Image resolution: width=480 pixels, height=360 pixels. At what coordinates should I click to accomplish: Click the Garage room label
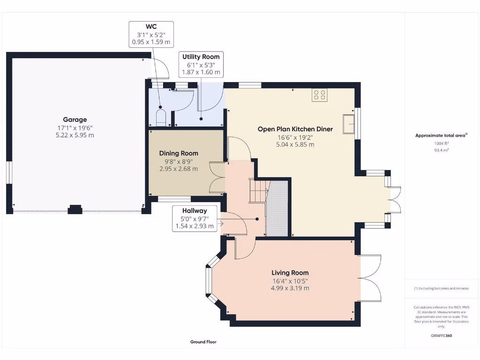(x=75, y=120)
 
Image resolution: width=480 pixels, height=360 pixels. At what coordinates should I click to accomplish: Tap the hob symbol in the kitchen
(x=320, y=95)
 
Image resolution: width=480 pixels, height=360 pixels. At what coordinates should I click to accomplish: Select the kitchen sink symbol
(x=349, y=124)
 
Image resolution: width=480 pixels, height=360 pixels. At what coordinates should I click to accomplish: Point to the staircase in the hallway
(x=259, y=191)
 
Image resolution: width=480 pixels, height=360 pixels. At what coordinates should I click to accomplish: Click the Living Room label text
(x=290, y=273)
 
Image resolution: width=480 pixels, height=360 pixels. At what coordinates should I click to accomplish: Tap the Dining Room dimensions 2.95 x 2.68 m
(x=179, y=169)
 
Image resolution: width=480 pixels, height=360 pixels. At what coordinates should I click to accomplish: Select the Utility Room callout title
(x=201, y=57)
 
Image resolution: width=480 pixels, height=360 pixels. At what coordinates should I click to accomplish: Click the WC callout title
(x=151, y=27)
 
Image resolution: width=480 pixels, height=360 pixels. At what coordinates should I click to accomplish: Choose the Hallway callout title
(x=195, y=210)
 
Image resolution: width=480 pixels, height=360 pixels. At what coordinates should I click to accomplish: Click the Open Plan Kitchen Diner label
(x=295, y=129)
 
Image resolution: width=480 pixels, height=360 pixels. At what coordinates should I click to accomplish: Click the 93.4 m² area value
(x=442, y=150)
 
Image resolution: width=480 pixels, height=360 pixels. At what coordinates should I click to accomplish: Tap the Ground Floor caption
(x=203, y=342)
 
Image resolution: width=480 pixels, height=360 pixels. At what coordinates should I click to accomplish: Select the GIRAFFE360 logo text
(x=442, y=336)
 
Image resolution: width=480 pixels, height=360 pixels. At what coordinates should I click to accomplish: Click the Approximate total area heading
(x=441, y=135)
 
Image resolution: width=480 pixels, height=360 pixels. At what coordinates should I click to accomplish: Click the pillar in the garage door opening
(x=75, y=209)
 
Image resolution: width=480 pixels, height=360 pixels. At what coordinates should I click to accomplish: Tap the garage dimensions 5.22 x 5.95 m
(x=75, y=135)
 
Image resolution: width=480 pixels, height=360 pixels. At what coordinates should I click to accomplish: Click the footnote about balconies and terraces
(x=442, y=288)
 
